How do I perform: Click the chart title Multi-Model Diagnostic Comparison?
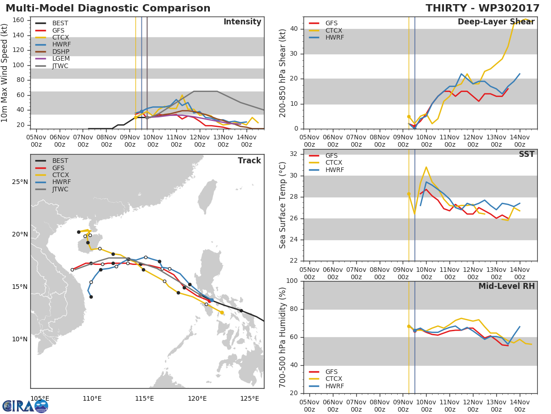[x=108, y=8]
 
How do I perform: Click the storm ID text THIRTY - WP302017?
[x=482, y=8]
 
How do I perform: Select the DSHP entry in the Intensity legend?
[x=61, y=52]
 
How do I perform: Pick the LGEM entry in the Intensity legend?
[x=61, y=59]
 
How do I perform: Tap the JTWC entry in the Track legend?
[x=60, y=189]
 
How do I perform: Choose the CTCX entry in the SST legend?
[x=334, y=163]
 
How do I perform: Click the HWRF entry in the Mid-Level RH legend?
[x=334, y=386]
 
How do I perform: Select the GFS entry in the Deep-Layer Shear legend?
[x=331, y=23]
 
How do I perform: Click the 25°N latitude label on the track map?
[x=20, y=182]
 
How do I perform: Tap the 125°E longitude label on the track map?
[x=249, y=398]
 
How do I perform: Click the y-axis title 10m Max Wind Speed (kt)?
[x=5, y=73]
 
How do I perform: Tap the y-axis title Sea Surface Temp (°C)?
[x=283, y=205]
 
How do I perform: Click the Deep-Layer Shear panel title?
[x=496, y=22]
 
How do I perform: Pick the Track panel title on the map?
[x=249, y=161]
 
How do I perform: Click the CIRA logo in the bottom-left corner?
[x=25, y=406]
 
